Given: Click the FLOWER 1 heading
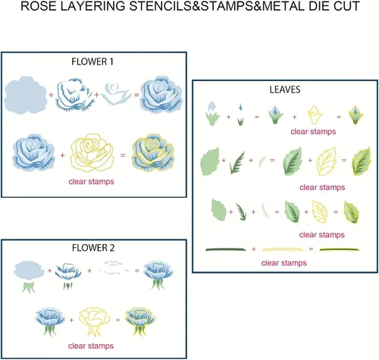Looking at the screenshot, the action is (x=92, y=62).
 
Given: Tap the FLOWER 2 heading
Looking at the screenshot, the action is (x=93, y=248).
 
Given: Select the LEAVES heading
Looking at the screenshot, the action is (x=285, y=89).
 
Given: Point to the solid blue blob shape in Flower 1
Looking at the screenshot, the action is (x=26, y=95).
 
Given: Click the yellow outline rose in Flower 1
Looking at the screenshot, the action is (x=92, y=152).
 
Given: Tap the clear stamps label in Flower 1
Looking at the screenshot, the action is (x=91, y=181).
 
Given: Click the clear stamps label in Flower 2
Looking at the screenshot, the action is (x=91, y=346).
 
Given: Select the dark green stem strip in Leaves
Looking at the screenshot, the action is (x=226, y=249).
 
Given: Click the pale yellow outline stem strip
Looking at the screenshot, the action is (x=283, y=249).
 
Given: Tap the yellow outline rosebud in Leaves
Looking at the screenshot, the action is (x=315, y=114).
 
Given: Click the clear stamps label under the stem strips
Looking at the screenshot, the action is (x=284, y=263).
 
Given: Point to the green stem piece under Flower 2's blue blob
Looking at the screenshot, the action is (x=29, y=288).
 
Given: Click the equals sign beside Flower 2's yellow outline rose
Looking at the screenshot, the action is (x=117, y=320).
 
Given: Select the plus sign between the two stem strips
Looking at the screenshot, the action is (x=254, y=249).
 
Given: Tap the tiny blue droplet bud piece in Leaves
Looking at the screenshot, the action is (x=240, y=108).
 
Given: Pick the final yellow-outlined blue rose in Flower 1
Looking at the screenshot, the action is (x=153, y=152).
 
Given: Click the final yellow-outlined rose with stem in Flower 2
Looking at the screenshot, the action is (x=140, y=321).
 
